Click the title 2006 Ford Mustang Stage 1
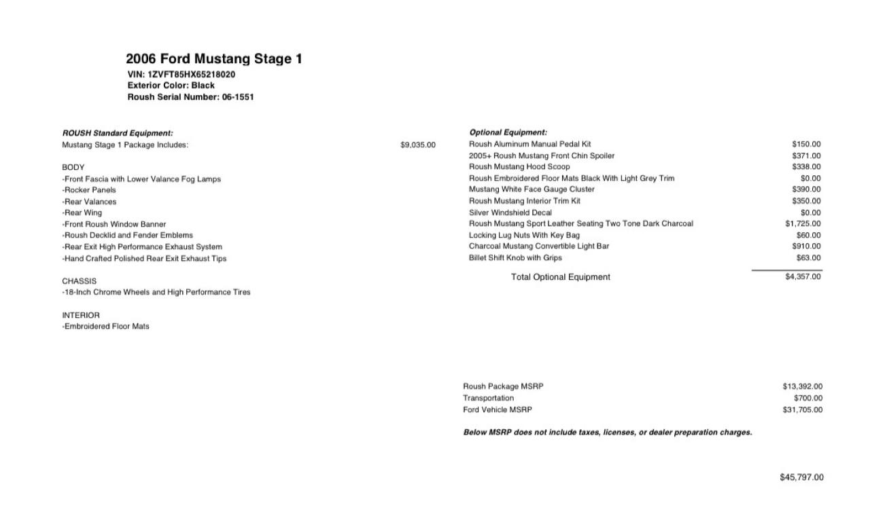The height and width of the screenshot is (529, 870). (x=214, y=59)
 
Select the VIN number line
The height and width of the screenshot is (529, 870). (x=181, y=74)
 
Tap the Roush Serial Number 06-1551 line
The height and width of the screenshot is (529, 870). (x=190, y=97)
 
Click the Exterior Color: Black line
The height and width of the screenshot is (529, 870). (x=171, y=86)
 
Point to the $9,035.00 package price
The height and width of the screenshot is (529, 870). (x=418, y=145)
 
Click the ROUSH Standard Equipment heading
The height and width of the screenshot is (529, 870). (x=118, y=133)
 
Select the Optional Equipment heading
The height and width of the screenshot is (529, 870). (x=508, y=132)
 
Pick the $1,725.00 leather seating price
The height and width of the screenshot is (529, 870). (x=803, y=223)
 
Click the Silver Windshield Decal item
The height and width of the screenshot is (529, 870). (x=510, y=213)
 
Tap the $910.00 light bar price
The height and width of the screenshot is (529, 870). (x=806, y=246)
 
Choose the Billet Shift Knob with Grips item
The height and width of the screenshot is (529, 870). (x=515, y=258)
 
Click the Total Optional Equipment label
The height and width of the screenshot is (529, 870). (x=560, y=277)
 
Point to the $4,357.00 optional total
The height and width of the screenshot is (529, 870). (x=803, y=276)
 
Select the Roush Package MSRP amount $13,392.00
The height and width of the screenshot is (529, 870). (x=802, y=386)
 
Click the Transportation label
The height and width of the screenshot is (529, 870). (x=488, y=398)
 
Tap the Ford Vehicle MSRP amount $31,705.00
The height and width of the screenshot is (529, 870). (x=802, y=409)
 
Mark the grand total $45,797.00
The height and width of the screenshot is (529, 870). (x=801, y=477)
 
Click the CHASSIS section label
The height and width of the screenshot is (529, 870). (x=79, y=281)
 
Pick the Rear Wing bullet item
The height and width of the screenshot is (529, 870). (x=82, y=213)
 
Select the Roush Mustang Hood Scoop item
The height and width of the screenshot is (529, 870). (x=519, y=166)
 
